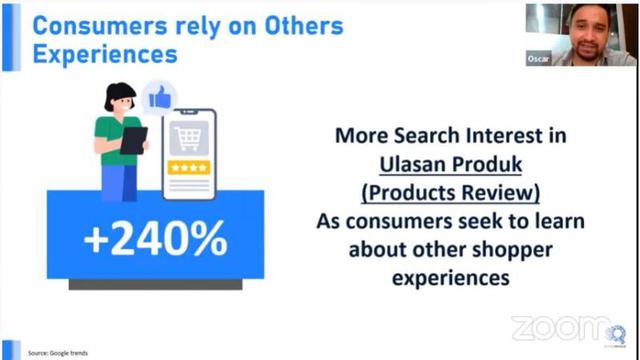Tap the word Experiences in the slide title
104,53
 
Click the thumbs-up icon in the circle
159,98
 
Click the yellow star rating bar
188,167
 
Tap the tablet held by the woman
133,140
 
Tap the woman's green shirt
112,135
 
